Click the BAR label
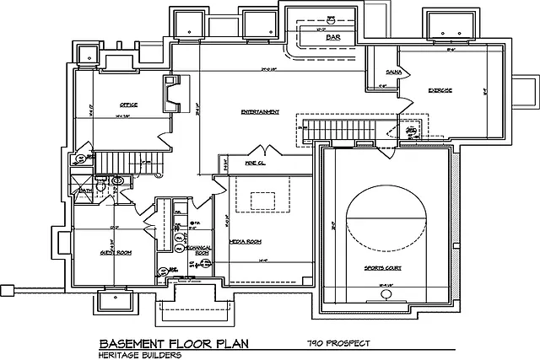coord(321,38)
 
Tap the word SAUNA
coord(393,73)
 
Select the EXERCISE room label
coord(440,89)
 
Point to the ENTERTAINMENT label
coord(259,111)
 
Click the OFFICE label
coord(128,105)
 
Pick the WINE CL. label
coord(256,161)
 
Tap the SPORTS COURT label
coord(381,268)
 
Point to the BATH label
coord(85,191)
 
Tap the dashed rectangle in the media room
coord(262,201)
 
